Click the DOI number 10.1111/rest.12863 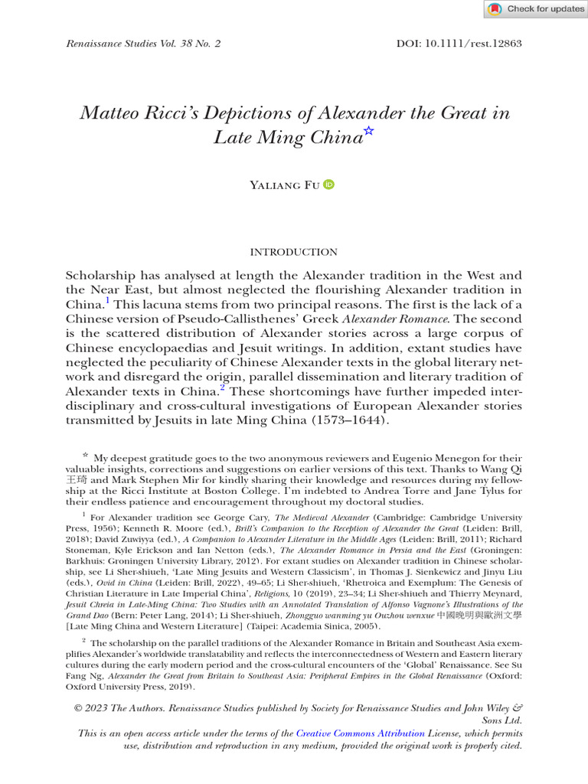click(x=472, y=44)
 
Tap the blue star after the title click(x=368, y=132)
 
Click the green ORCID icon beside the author click(x=329, y=185)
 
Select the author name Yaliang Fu click(x=285, y=185)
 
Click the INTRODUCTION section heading click(x=294, y=252)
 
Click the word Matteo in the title click(x=112, y=113)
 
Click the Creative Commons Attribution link click(x=360, y=733)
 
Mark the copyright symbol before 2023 click(x=79, y=708)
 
